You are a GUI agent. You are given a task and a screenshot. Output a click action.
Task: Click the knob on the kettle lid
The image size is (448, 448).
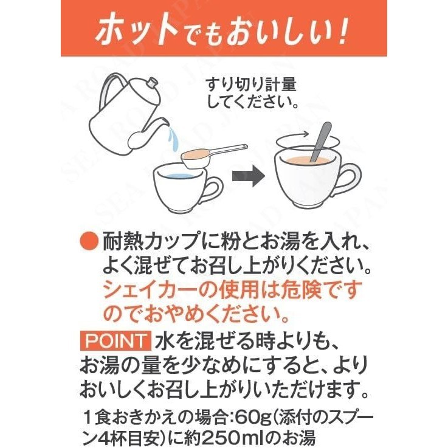coord(152,83)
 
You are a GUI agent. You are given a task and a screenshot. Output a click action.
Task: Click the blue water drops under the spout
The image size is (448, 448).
coord(173,139)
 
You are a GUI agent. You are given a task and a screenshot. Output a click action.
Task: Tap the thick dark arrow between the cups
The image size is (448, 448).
coord(248,176)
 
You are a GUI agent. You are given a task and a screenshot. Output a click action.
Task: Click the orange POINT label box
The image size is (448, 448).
coord(115,340)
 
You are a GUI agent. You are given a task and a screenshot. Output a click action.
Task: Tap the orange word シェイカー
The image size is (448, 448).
coord(150,290)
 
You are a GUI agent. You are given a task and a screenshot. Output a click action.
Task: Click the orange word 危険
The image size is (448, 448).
coord(291,290)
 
